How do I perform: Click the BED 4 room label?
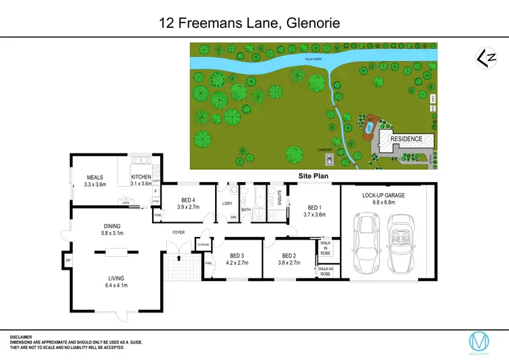(188, 200)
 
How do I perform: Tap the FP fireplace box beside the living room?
(68, 260)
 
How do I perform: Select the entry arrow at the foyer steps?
(178, 257)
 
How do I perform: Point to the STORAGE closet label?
(202, 243)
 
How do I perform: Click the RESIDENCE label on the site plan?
(407, 139)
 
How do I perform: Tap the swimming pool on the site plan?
(370, 128)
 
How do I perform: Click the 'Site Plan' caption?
(314, 176)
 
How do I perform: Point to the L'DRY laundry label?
(227, 204)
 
